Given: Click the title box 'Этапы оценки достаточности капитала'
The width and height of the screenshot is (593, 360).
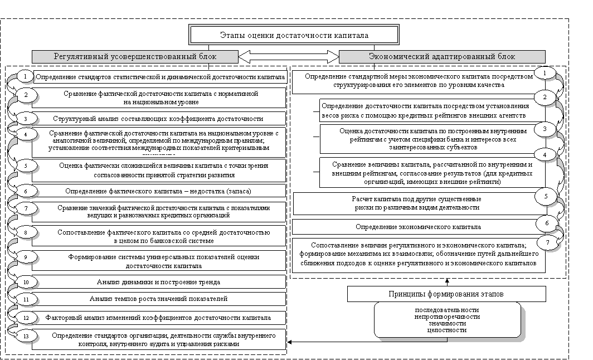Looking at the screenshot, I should click(295, 35).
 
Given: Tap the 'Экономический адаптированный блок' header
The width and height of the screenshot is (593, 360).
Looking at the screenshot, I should click(442, 56).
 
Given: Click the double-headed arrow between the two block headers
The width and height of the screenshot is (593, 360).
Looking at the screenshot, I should click(288, 56).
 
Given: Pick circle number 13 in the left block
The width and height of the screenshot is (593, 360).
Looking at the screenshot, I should click(25, 336).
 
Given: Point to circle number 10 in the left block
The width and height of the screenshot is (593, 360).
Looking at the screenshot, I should click(25, 283).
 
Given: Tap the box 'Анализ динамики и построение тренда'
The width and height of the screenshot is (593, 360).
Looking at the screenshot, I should click(158, 283).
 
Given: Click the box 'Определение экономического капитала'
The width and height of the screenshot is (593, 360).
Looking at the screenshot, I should click(418, 227).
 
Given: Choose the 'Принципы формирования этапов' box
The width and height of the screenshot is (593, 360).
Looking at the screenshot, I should click(448, 294).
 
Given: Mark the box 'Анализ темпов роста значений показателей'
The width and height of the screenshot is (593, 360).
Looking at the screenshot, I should click(158, 299).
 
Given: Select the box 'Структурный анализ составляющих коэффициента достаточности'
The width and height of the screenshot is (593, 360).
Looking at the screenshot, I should click(158, 119).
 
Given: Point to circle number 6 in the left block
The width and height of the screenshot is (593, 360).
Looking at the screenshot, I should click(25, 191).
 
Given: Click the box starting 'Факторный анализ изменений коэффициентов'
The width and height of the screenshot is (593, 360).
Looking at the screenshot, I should click(158, 318).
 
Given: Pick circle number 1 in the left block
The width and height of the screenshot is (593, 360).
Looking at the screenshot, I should click(25, 75).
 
